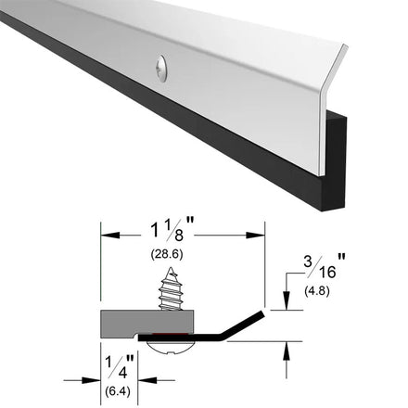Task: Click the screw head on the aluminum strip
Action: (x=161, y=69)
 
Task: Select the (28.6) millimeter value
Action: (x=167, y=254)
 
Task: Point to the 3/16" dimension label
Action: (x=324, y=266)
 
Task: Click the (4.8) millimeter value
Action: (x=317, y=291)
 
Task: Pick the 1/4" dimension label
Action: (x=120, y=366)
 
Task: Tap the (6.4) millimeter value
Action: (x=118, y=391)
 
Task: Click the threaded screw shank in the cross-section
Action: (x=170, y=288)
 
